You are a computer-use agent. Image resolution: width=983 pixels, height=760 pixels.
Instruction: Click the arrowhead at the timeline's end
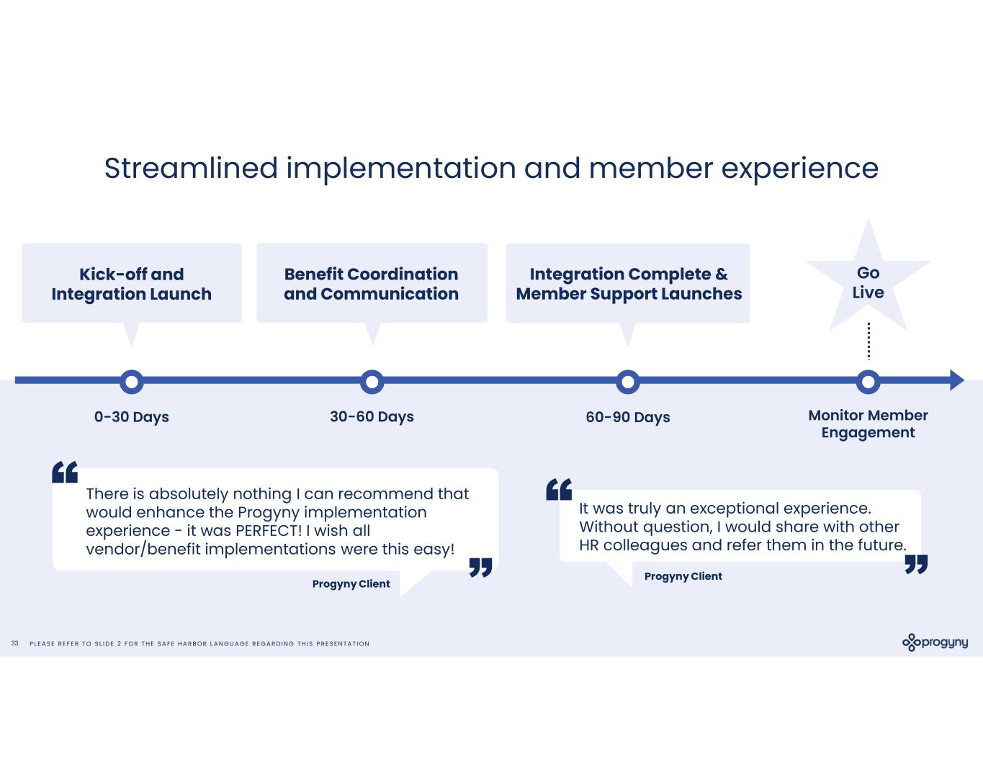(956, 380)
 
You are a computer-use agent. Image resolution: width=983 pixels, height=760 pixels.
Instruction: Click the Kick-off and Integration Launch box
(132, 283)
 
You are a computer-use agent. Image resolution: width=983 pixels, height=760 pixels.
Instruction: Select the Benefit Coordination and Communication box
(372, 283)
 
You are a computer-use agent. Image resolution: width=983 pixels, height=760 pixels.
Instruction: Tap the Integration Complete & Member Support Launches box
(628, 283)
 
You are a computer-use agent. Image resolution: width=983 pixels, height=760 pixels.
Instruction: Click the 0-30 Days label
(132, 417)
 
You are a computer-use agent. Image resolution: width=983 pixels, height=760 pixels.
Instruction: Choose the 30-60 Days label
(372, 417)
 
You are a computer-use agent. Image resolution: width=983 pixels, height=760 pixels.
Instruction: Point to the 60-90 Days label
(628, 417)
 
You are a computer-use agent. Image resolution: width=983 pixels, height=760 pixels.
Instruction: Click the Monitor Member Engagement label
(868, 424)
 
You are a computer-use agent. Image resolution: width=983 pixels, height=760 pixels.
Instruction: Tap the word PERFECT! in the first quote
(269, 530)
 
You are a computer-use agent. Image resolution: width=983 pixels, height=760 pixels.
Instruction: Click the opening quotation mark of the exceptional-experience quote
(559, 489)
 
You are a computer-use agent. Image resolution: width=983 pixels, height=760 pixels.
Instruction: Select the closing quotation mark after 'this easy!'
(480, 567)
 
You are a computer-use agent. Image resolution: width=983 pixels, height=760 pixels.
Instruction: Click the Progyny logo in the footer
(935, 643)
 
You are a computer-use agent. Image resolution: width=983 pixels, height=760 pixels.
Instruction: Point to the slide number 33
(15, 643)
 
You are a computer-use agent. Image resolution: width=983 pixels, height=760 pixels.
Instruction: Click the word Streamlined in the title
(191, 169)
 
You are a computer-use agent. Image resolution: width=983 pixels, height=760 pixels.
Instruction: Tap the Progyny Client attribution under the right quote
(683, 576)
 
